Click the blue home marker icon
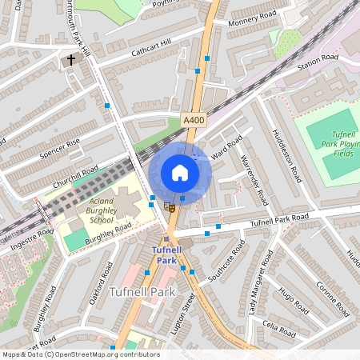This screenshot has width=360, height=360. (180, 173)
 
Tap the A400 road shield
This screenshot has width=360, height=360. (193, 119)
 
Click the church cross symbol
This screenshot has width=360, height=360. (70, 60)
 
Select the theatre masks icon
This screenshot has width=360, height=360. (169, 206)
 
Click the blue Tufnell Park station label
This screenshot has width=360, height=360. (166, 255)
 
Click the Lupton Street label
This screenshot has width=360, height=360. (190, 310)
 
